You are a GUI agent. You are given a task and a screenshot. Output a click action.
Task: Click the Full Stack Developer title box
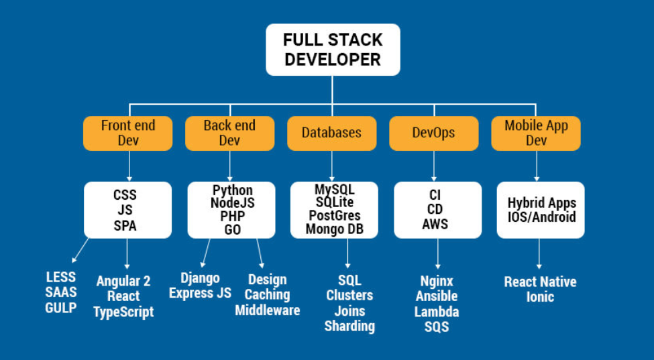click(333, 50)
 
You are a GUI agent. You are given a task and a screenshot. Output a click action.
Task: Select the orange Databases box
click(331, 133)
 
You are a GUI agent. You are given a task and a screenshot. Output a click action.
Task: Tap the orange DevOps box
click(433, 133)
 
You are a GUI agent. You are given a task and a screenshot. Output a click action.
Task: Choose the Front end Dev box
click(127, 133)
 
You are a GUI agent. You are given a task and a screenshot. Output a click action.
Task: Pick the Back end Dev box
click(229, 133)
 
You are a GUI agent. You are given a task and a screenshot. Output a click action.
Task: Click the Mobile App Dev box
click(536, 133)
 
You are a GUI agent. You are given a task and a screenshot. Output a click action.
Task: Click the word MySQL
click(334, 189)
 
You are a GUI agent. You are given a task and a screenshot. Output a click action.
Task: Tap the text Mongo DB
click(333, 229)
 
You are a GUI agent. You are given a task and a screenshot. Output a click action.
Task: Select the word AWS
click(435, 224)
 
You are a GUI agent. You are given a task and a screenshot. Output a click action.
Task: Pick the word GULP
click(61, 308)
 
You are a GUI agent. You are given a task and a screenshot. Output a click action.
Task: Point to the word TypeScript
click(123, 312)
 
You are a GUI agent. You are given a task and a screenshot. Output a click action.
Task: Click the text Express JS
click(200, 293)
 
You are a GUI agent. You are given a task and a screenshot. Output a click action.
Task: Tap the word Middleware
click(267, 310)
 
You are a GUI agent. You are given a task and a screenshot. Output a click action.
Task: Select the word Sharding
click(349, 326)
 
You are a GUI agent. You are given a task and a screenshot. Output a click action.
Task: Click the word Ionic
click(540, 297)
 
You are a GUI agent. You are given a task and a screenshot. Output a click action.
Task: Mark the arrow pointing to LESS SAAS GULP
click(80, 249)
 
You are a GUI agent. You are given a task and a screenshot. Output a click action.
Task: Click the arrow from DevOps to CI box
click(433, 166)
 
